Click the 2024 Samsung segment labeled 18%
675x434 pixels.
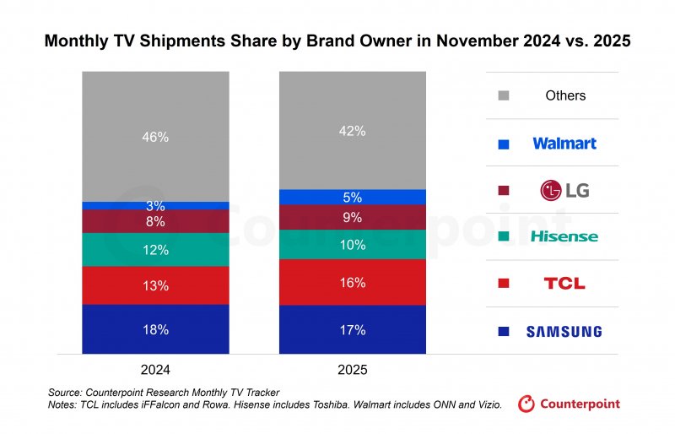click(155, 329)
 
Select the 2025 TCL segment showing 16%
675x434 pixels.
click(353, 282)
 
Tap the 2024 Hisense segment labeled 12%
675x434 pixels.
click(155, 250)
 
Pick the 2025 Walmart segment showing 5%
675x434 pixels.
click(353, 198)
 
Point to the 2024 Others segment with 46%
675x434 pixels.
click(155, 137)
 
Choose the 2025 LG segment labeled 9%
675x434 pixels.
click(353, 218)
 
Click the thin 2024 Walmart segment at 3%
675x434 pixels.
click(155, 205)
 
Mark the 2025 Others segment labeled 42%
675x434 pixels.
click(353, 131)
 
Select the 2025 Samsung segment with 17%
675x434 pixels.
click(353, 330)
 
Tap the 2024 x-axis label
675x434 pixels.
click(155, 370)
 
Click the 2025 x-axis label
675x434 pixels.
click(353, 370)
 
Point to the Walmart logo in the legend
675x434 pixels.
click(564, 144)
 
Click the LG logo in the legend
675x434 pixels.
click(564, 190)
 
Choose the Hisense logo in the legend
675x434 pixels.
click(564, 236)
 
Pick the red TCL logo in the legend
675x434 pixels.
click(564, 284)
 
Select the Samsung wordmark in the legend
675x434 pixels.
click(564, 332)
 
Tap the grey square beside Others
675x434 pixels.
click(505, 96)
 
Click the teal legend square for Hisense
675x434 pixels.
click(505, 237)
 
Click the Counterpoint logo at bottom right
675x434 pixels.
click(569, 404)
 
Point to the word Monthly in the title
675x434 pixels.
click(79, 41)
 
